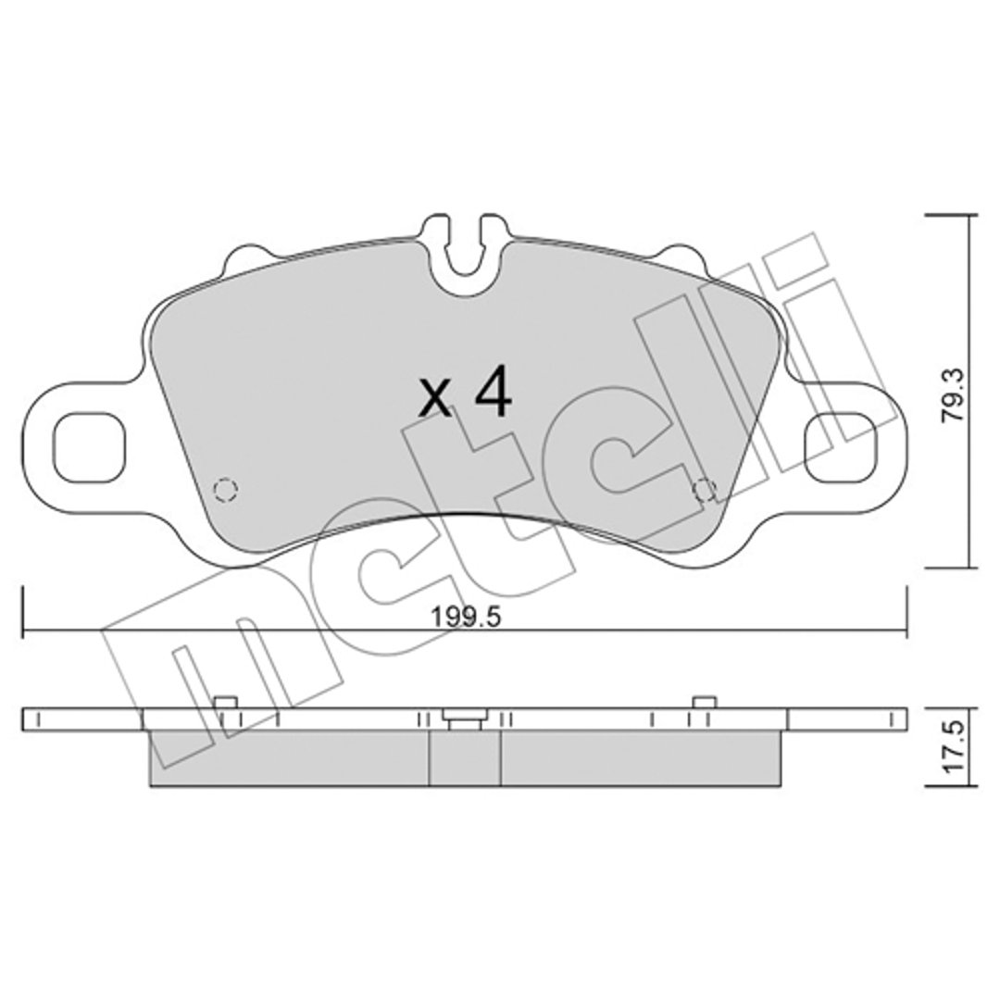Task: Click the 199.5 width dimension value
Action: point(466,617)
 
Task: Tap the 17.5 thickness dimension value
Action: point(955,747)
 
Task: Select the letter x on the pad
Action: point(435,400)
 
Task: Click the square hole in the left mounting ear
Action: point(89,447)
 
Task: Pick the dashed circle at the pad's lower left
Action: point(225,489)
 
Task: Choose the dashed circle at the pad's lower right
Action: point(704,489)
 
